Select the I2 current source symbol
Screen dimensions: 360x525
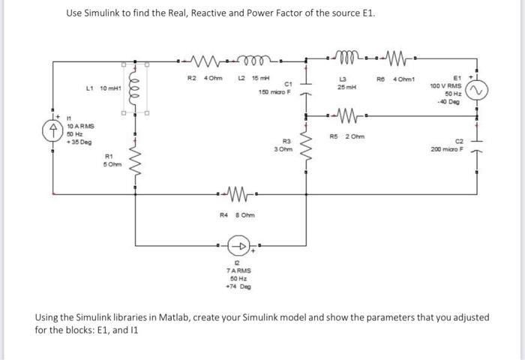click(x=242, y=246)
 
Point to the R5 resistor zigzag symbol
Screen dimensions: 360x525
click(x=346, y=117)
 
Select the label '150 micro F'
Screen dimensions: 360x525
click(x=273, y=91)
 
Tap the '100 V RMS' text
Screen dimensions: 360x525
click(x=445, y=85)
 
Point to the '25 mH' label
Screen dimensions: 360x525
click(x=346, y=88)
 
